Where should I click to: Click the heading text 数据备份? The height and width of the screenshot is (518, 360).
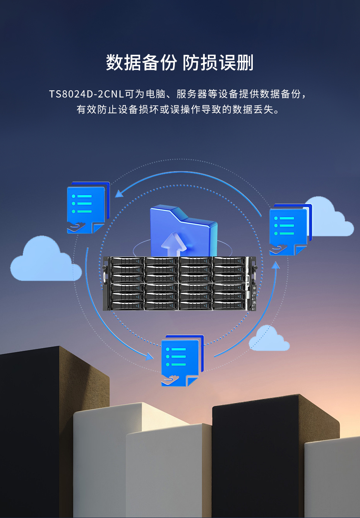tap(141, 63)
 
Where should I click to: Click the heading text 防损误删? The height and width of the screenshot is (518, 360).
tap(218, 63)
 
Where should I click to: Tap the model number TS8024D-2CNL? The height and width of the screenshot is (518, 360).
tap(86, 94)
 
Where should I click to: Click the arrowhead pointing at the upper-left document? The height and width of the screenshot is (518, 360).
tap(119, 193)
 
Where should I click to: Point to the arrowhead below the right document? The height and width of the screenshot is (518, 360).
tap(276, 265)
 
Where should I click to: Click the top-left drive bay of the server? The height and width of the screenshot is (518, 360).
tap(127, 261)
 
